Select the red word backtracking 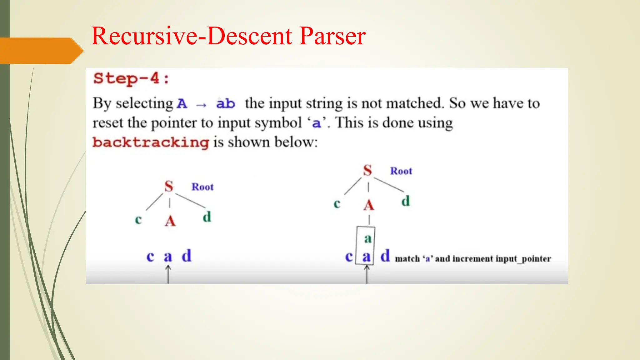click(151, 142)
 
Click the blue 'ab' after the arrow click(225, 103)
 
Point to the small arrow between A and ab click(201, 105)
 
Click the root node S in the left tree click(169, 187)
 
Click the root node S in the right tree click(367, 171)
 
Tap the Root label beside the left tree click(202, 187)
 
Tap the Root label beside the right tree click(401, 171)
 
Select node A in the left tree click(170, 221)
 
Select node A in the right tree click(369, 205)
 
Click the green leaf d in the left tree click(207, 217)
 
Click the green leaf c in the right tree click(337, 204)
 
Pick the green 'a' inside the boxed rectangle click(368, 239)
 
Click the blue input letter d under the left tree click(187, 256)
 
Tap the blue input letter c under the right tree click(349, 257)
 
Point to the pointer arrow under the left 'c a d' click(168, 274)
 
